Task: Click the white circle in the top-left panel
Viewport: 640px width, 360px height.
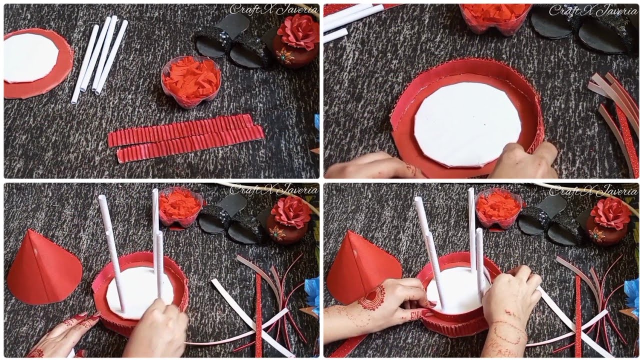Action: tap(31, 57)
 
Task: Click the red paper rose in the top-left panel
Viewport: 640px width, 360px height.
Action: tap(298, 32)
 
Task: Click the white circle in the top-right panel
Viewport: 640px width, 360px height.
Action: tap(467, 124)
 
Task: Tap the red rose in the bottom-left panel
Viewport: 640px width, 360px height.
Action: tap(291, 212)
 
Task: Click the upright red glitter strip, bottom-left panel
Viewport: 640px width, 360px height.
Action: tap(258, 315)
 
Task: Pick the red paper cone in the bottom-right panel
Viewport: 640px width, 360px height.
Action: tap(359, 267)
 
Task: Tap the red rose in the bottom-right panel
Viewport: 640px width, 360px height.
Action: tap(611, 214)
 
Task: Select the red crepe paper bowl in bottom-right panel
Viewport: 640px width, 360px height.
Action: tap(498, 206)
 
